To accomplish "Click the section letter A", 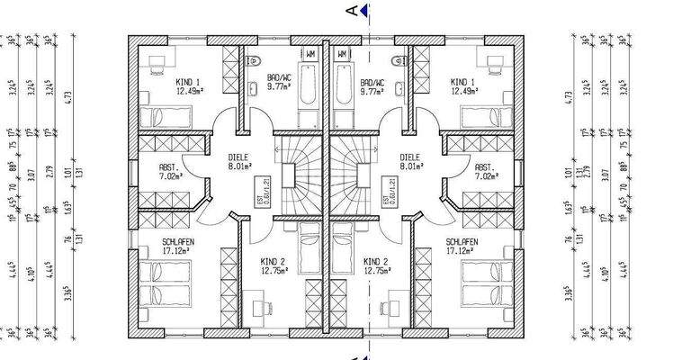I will [351, 11].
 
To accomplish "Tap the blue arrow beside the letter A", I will [364, 10].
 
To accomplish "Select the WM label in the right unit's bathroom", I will [342, 54].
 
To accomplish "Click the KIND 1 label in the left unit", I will [187, 82].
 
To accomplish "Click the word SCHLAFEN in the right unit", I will [461, 243].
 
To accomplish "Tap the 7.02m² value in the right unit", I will [483, 177].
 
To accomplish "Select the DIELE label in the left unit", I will [239, 157].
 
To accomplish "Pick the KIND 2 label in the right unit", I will [375, 262].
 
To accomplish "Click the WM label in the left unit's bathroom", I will [310, 54].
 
